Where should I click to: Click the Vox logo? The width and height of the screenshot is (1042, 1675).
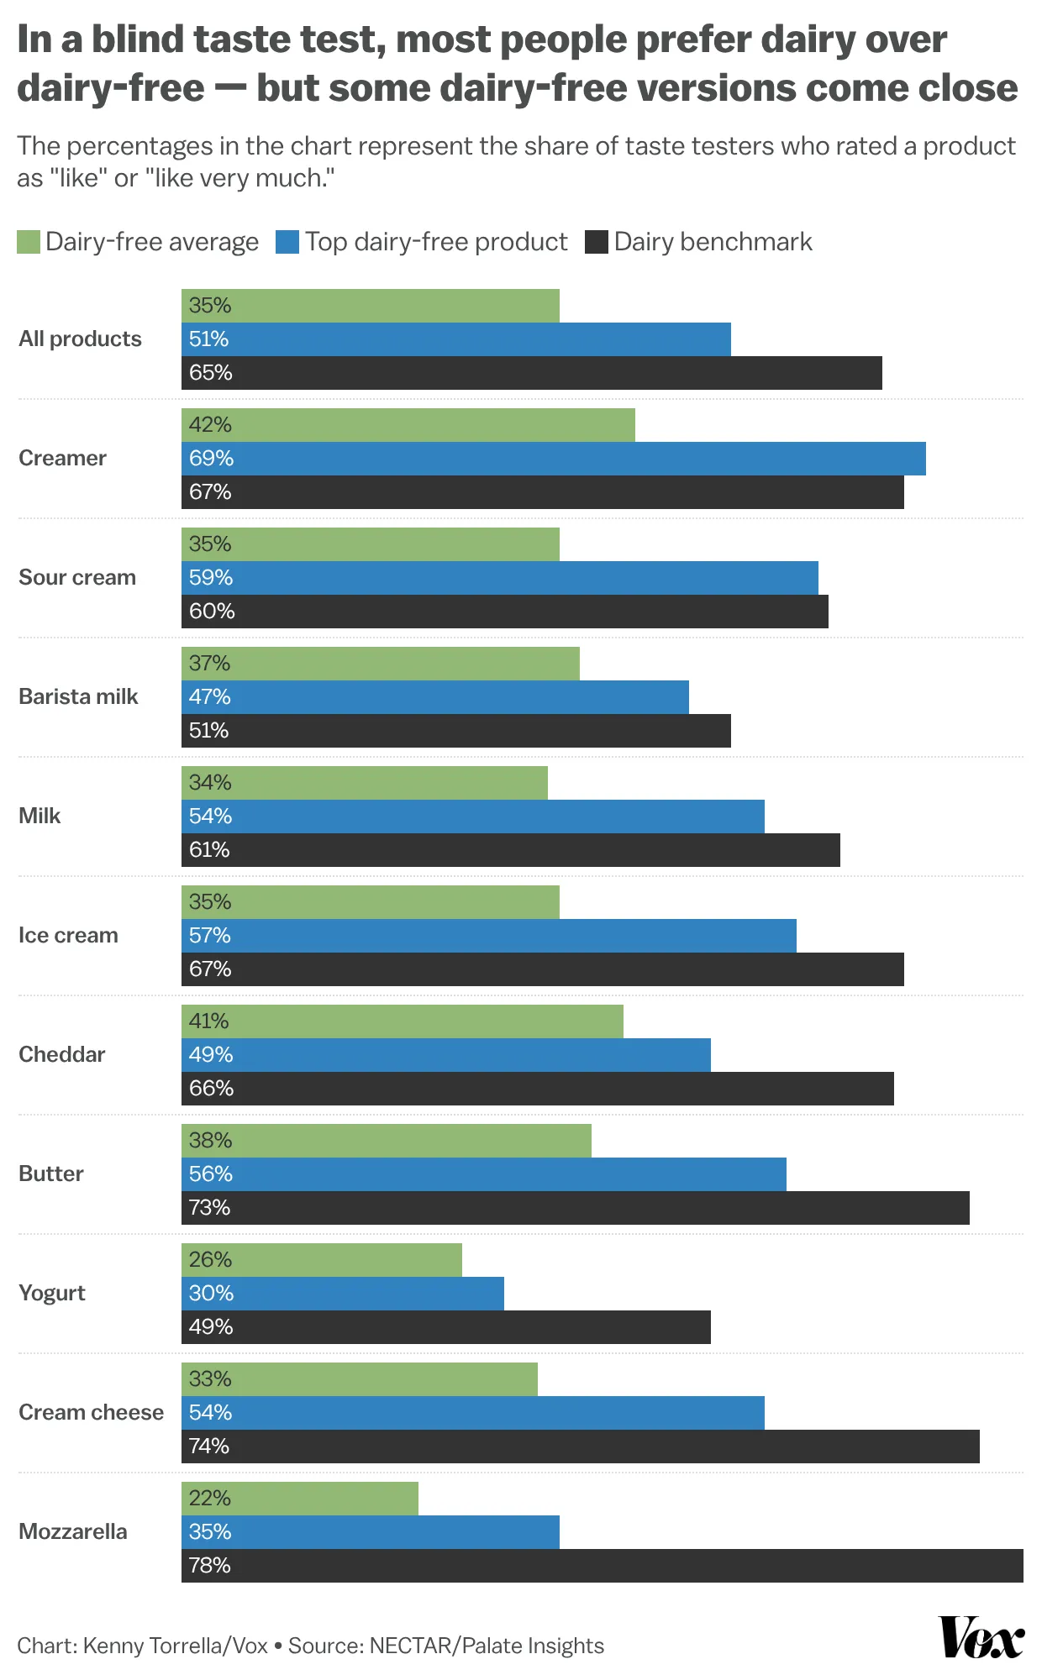click(981, 1637)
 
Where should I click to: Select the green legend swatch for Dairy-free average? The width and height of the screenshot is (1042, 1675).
click(29, 243)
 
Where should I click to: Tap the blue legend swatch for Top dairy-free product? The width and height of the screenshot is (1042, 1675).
click(287, 243)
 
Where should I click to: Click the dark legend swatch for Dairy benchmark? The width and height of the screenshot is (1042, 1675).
click(597, 243)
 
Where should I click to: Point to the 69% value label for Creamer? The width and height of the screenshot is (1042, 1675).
click(211, 459)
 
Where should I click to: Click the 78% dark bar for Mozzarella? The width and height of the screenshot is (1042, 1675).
click(602, 1566)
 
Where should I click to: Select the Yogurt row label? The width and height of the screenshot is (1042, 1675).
click(52, 1293)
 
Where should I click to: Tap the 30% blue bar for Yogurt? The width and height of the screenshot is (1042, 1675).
click(343, 1294)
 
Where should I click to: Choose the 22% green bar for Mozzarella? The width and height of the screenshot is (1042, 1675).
click(300, 1499)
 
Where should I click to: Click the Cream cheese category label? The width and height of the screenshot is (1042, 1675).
click(91, 1412)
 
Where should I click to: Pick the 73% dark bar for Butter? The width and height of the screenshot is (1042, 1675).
click(575, 1208)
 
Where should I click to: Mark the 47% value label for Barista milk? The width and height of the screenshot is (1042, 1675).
click(209, 697)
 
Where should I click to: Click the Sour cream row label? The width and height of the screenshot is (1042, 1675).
click(77, 578)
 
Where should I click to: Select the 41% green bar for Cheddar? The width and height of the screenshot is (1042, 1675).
click(403, 1021)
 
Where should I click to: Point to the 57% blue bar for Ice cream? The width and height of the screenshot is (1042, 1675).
click(488, 936)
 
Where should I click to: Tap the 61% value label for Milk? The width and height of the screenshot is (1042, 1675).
click(209, 850)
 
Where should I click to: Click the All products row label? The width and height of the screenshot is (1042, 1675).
click(80, 339)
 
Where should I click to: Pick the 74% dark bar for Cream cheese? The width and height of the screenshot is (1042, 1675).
click(580, 1447)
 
